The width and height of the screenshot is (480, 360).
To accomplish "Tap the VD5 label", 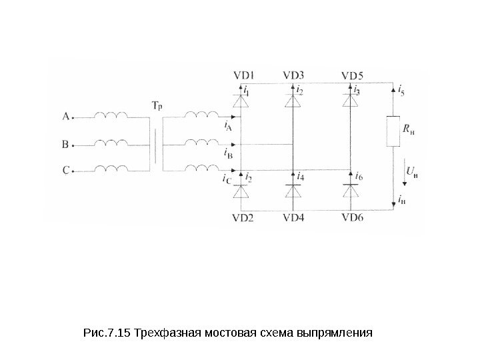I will [352, 75].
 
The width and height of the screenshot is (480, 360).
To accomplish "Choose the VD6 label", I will [352, 217].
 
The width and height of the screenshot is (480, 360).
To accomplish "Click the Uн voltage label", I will [412, 174].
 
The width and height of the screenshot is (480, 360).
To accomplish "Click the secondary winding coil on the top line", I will [200, 115].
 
